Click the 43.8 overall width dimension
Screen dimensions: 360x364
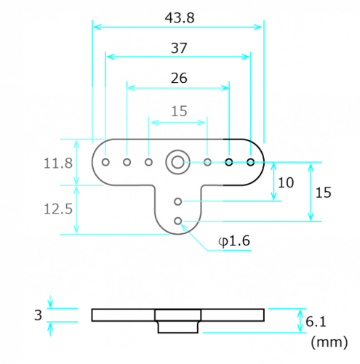pos(180,18)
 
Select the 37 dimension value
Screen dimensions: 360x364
pos(179,48)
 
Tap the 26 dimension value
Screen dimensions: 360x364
pos(179,78)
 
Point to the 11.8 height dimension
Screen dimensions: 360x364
pos(58,163)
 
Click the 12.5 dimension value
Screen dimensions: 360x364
pos(58,209)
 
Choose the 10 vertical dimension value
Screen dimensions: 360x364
pos(286,182)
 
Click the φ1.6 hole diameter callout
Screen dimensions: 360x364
pos(234,241)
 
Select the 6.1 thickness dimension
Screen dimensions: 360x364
pos(316,322)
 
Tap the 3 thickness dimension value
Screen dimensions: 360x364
pos(38,315)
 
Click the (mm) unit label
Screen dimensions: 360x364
pos(329,342)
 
